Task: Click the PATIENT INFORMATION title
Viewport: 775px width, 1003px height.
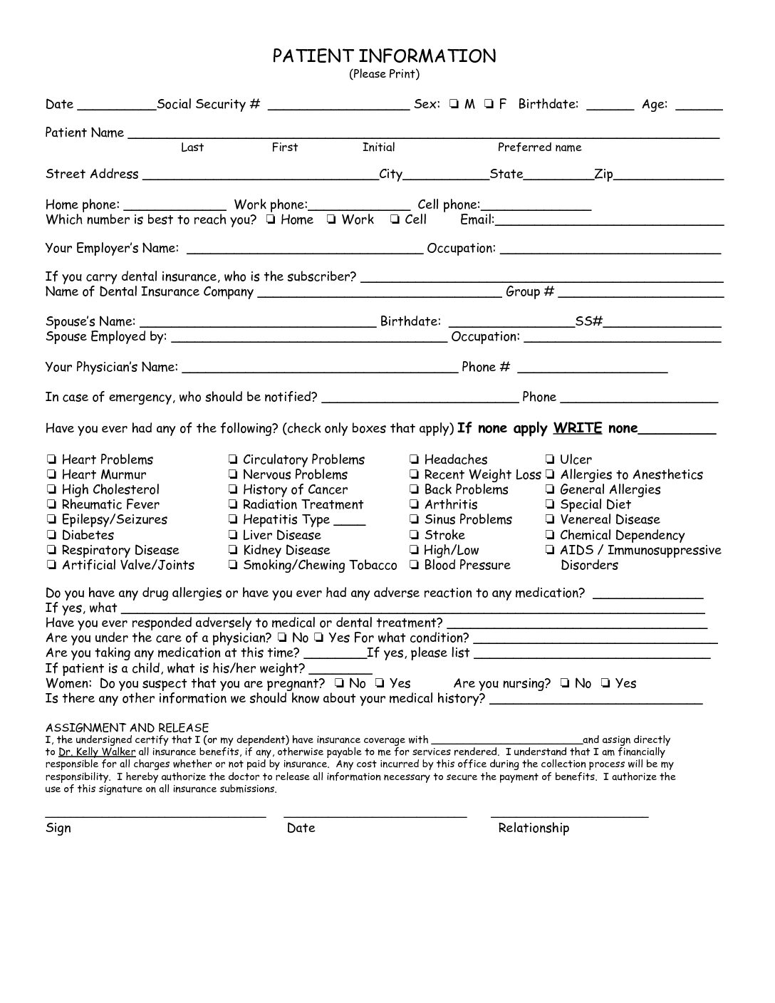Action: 384,56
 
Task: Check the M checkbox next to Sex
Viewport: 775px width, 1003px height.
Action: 454,105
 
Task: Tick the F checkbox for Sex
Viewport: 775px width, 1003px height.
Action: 489,105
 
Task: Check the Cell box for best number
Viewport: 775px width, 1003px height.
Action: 395,220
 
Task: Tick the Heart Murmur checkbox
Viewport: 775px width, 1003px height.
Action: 51,475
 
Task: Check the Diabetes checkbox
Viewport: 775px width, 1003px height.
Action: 51,536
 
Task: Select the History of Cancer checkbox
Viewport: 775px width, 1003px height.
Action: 233,490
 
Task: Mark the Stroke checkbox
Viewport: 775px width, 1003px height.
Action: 414,536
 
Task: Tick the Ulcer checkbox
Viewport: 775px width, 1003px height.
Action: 550,460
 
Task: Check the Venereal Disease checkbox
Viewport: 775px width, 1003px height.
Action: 550,520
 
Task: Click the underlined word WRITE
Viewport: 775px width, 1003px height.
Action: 578,429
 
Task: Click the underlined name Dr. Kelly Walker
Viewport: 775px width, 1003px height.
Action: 97,752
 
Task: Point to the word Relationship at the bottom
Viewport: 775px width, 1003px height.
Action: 534,828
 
